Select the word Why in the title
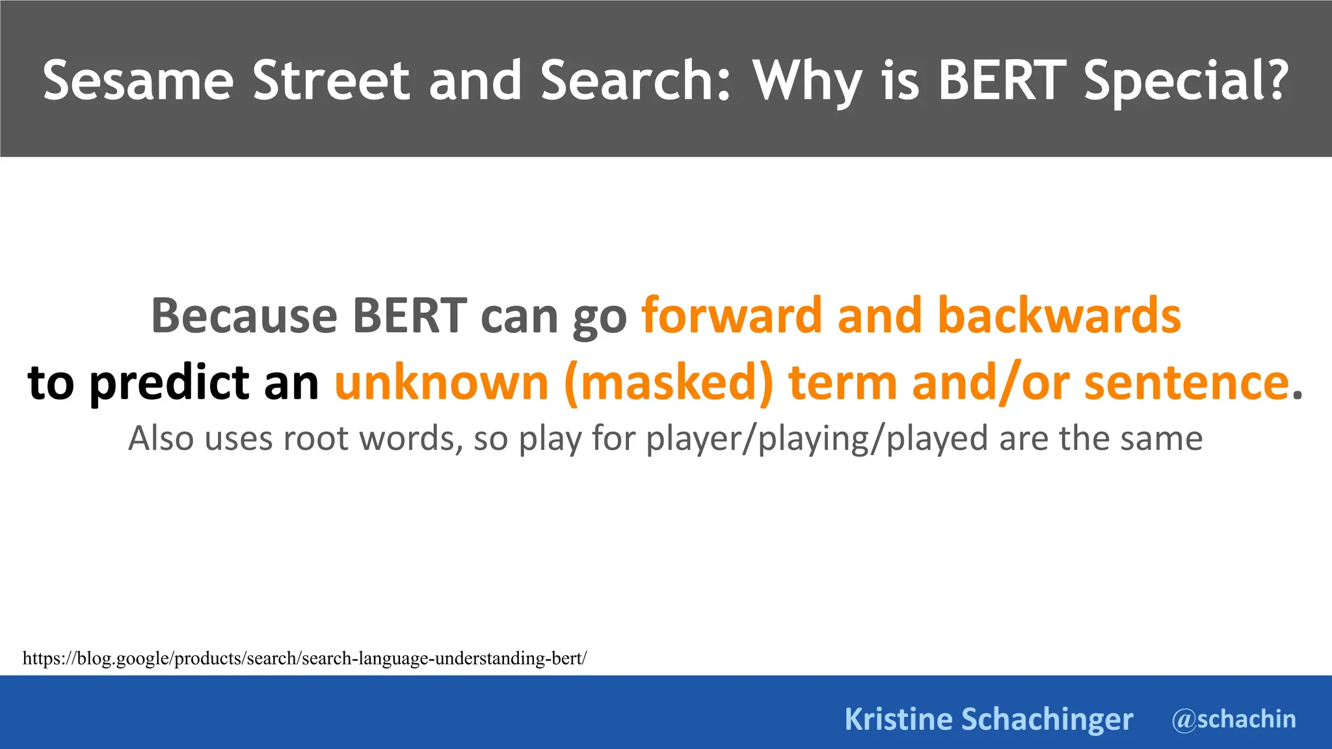(808, 81)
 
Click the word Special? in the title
(1186, 81)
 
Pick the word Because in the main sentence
(244, 315)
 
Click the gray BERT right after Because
(409, 315)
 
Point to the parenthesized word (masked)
(669, 384)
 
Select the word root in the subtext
(317, 439)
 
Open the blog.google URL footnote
(304, 658)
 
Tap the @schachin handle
(1234, 719)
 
